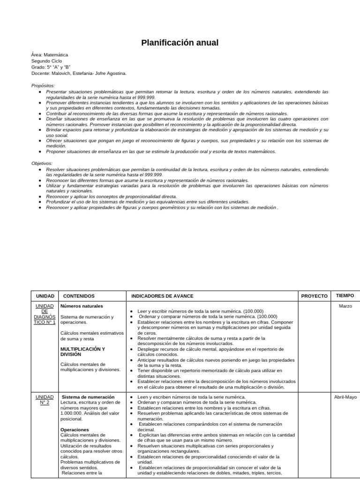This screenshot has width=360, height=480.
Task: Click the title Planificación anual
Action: (x=180, y=43)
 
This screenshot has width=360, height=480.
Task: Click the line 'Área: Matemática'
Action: (x=50, y=54)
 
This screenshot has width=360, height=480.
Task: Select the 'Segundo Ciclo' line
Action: (x=46, y=61)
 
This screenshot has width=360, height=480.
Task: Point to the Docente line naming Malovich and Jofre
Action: (x=79, y=73)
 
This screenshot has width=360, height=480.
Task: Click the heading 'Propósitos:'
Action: (x=43, y=85)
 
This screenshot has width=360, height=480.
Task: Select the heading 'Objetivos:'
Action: (x=42, y=163)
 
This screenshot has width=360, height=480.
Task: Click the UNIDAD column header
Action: (x=45, y=296)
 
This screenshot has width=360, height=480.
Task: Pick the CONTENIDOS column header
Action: (x=79, y=296)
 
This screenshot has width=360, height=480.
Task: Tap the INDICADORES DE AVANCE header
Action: (x=162, y=296)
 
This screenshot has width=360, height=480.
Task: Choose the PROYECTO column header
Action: (x=314, y=296)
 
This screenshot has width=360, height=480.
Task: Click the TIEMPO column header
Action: (x=345, y=296)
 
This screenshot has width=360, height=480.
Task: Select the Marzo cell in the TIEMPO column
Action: (x=345, y=306)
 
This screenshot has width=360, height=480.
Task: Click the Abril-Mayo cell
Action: (x=345, y=397)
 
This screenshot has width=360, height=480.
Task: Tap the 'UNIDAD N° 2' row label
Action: (x=45, y=400)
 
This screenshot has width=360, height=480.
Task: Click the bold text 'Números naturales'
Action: (x=82, y=306)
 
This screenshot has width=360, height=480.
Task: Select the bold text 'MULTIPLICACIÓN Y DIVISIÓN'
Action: (x=82, y=352)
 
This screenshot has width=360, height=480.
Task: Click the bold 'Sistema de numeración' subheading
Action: (x=88, y=397)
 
